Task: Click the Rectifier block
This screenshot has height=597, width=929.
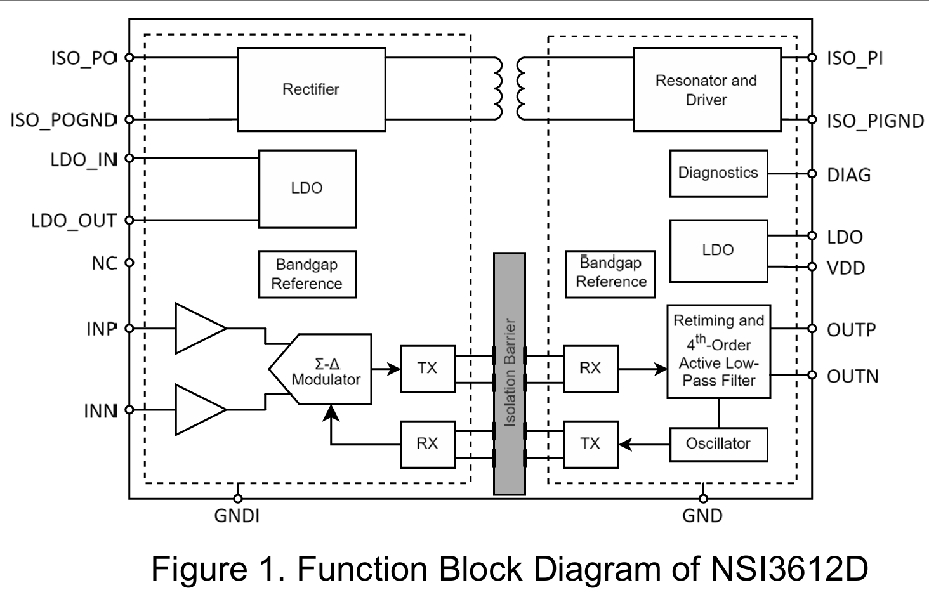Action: click(x=311, y=89)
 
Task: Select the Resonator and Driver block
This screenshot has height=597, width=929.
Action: click(x=706, y=89)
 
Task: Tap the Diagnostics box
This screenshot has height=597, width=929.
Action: click(x=718, y=173)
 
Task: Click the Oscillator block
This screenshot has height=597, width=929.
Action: click(x=718, y=444)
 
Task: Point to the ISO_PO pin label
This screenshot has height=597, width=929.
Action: click(x=83, y=58)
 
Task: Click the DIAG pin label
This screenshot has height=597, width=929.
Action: click(x=848, y=175)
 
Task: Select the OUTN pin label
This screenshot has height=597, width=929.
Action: click(x=852, y=376)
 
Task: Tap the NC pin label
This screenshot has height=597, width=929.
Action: click(x=104, y=263)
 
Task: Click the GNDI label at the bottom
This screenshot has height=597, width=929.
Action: click(x=237, y=516)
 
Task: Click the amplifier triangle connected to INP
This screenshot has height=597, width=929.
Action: click(x=197, y=329)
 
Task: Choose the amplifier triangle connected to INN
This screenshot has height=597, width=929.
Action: click(x=197, y=410)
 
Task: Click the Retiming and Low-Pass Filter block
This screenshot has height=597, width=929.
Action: click(x=718, y=351)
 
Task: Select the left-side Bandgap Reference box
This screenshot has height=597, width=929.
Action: click(x=307, y=274)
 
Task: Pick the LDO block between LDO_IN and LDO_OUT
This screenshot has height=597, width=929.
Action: click(x=307, y=188)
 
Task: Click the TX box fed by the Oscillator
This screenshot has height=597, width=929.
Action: click(x=590, y=444)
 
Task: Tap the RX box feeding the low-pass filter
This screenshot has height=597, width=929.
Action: click(x=590, y=369)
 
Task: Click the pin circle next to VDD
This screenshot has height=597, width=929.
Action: click(x=812, y=267)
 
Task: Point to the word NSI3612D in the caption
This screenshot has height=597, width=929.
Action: click(x=789, y=568)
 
